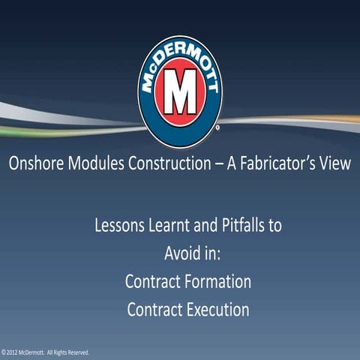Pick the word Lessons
pos(122,225)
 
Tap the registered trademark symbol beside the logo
pos(217,129)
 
